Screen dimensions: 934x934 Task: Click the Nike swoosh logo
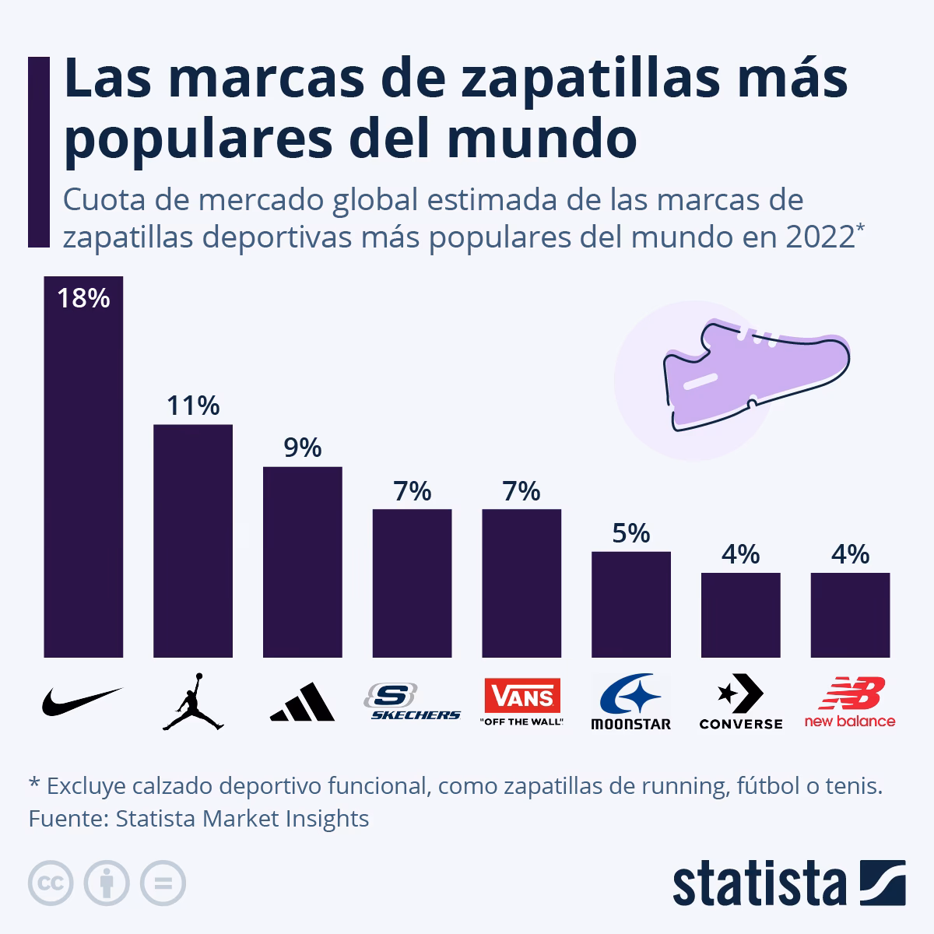pos(82,701)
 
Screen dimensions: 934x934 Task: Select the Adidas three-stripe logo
pos(303,702)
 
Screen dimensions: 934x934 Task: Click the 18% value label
pos(83,298)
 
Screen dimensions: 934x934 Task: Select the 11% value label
pos(193,406)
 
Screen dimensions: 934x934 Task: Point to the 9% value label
pos(303,448)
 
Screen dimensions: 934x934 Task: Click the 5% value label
pos(630,533)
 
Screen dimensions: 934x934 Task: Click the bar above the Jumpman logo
pos(193,541)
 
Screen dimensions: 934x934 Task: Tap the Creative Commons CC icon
pos(51,883)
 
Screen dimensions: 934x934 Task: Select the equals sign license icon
pos(163,883)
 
